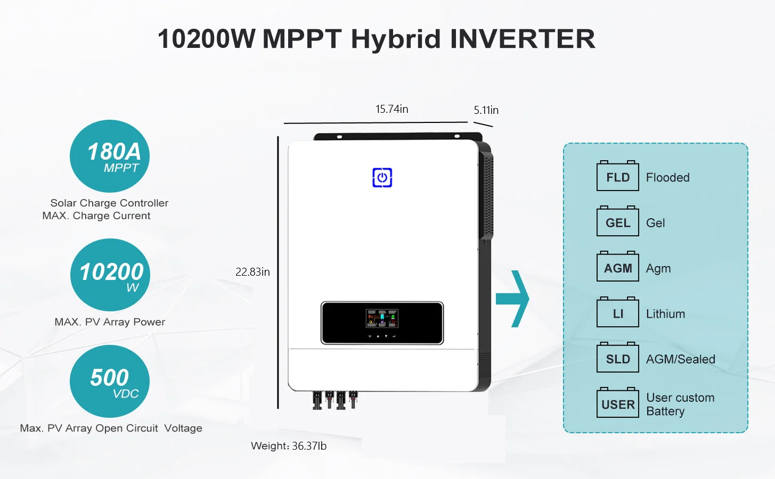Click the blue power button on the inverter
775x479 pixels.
(382, 178)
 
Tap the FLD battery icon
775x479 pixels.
(617, 176)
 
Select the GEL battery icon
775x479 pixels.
(617, 222)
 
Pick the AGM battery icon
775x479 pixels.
(617, 267)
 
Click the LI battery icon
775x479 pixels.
(617, 313)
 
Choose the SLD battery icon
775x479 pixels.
(617, 358)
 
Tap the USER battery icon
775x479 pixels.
(617, 403)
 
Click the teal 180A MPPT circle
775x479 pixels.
(110, 156)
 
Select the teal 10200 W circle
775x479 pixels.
(110, 275)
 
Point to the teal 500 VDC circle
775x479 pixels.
(110, 381)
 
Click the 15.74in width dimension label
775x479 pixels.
(391, 109)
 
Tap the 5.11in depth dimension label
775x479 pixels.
(486, 110)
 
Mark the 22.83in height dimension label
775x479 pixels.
(252, 272)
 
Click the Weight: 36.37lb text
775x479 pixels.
(289, 446)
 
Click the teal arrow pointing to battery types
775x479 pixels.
(512, 299)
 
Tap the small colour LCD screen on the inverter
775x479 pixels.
(382, 318)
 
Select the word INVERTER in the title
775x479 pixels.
(523, 39)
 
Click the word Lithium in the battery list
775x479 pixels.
(665, 314)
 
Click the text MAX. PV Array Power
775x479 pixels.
(110, 322)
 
